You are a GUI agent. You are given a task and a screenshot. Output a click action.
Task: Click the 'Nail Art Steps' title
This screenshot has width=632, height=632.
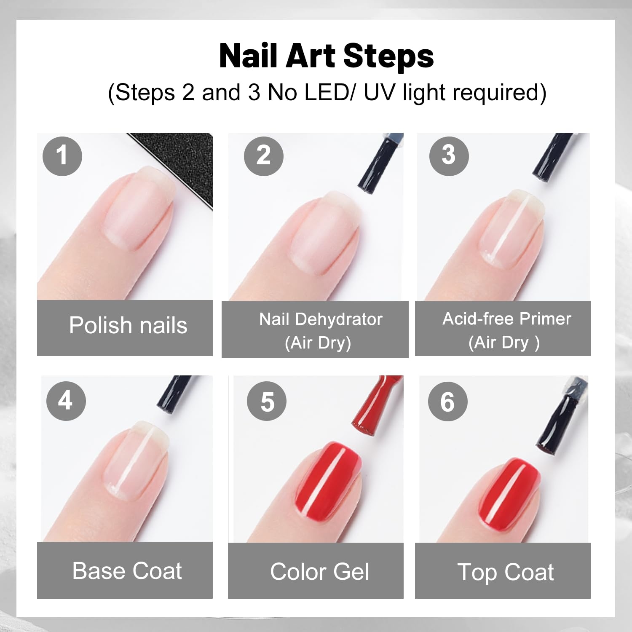click(327, 56)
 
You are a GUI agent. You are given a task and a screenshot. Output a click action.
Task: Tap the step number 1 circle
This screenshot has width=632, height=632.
click(62, 156)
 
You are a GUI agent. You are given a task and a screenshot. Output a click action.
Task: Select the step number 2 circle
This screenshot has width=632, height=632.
click(264, 156)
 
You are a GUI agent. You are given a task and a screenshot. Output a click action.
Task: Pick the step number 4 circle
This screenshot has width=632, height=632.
click(66, 401)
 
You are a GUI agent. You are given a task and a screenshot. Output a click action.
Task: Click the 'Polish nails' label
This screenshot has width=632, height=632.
click(128, 326)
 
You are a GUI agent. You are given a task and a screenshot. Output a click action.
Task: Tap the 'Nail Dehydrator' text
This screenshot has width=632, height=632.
click(321, 319)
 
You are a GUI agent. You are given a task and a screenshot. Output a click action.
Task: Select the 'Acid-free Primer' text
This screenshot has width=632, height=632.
click(507, 319)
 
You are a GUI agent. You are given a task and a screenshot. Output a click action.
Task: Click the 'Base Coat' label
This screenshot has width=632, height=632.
click(127, 571)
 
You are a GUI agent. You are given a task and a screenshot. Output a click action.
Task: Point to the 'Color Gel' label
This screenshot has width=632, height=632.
click(320, 572)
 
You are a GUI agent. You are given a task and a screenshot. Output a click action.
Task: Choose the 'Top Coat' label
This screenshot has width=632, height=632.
click(506, 572)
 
